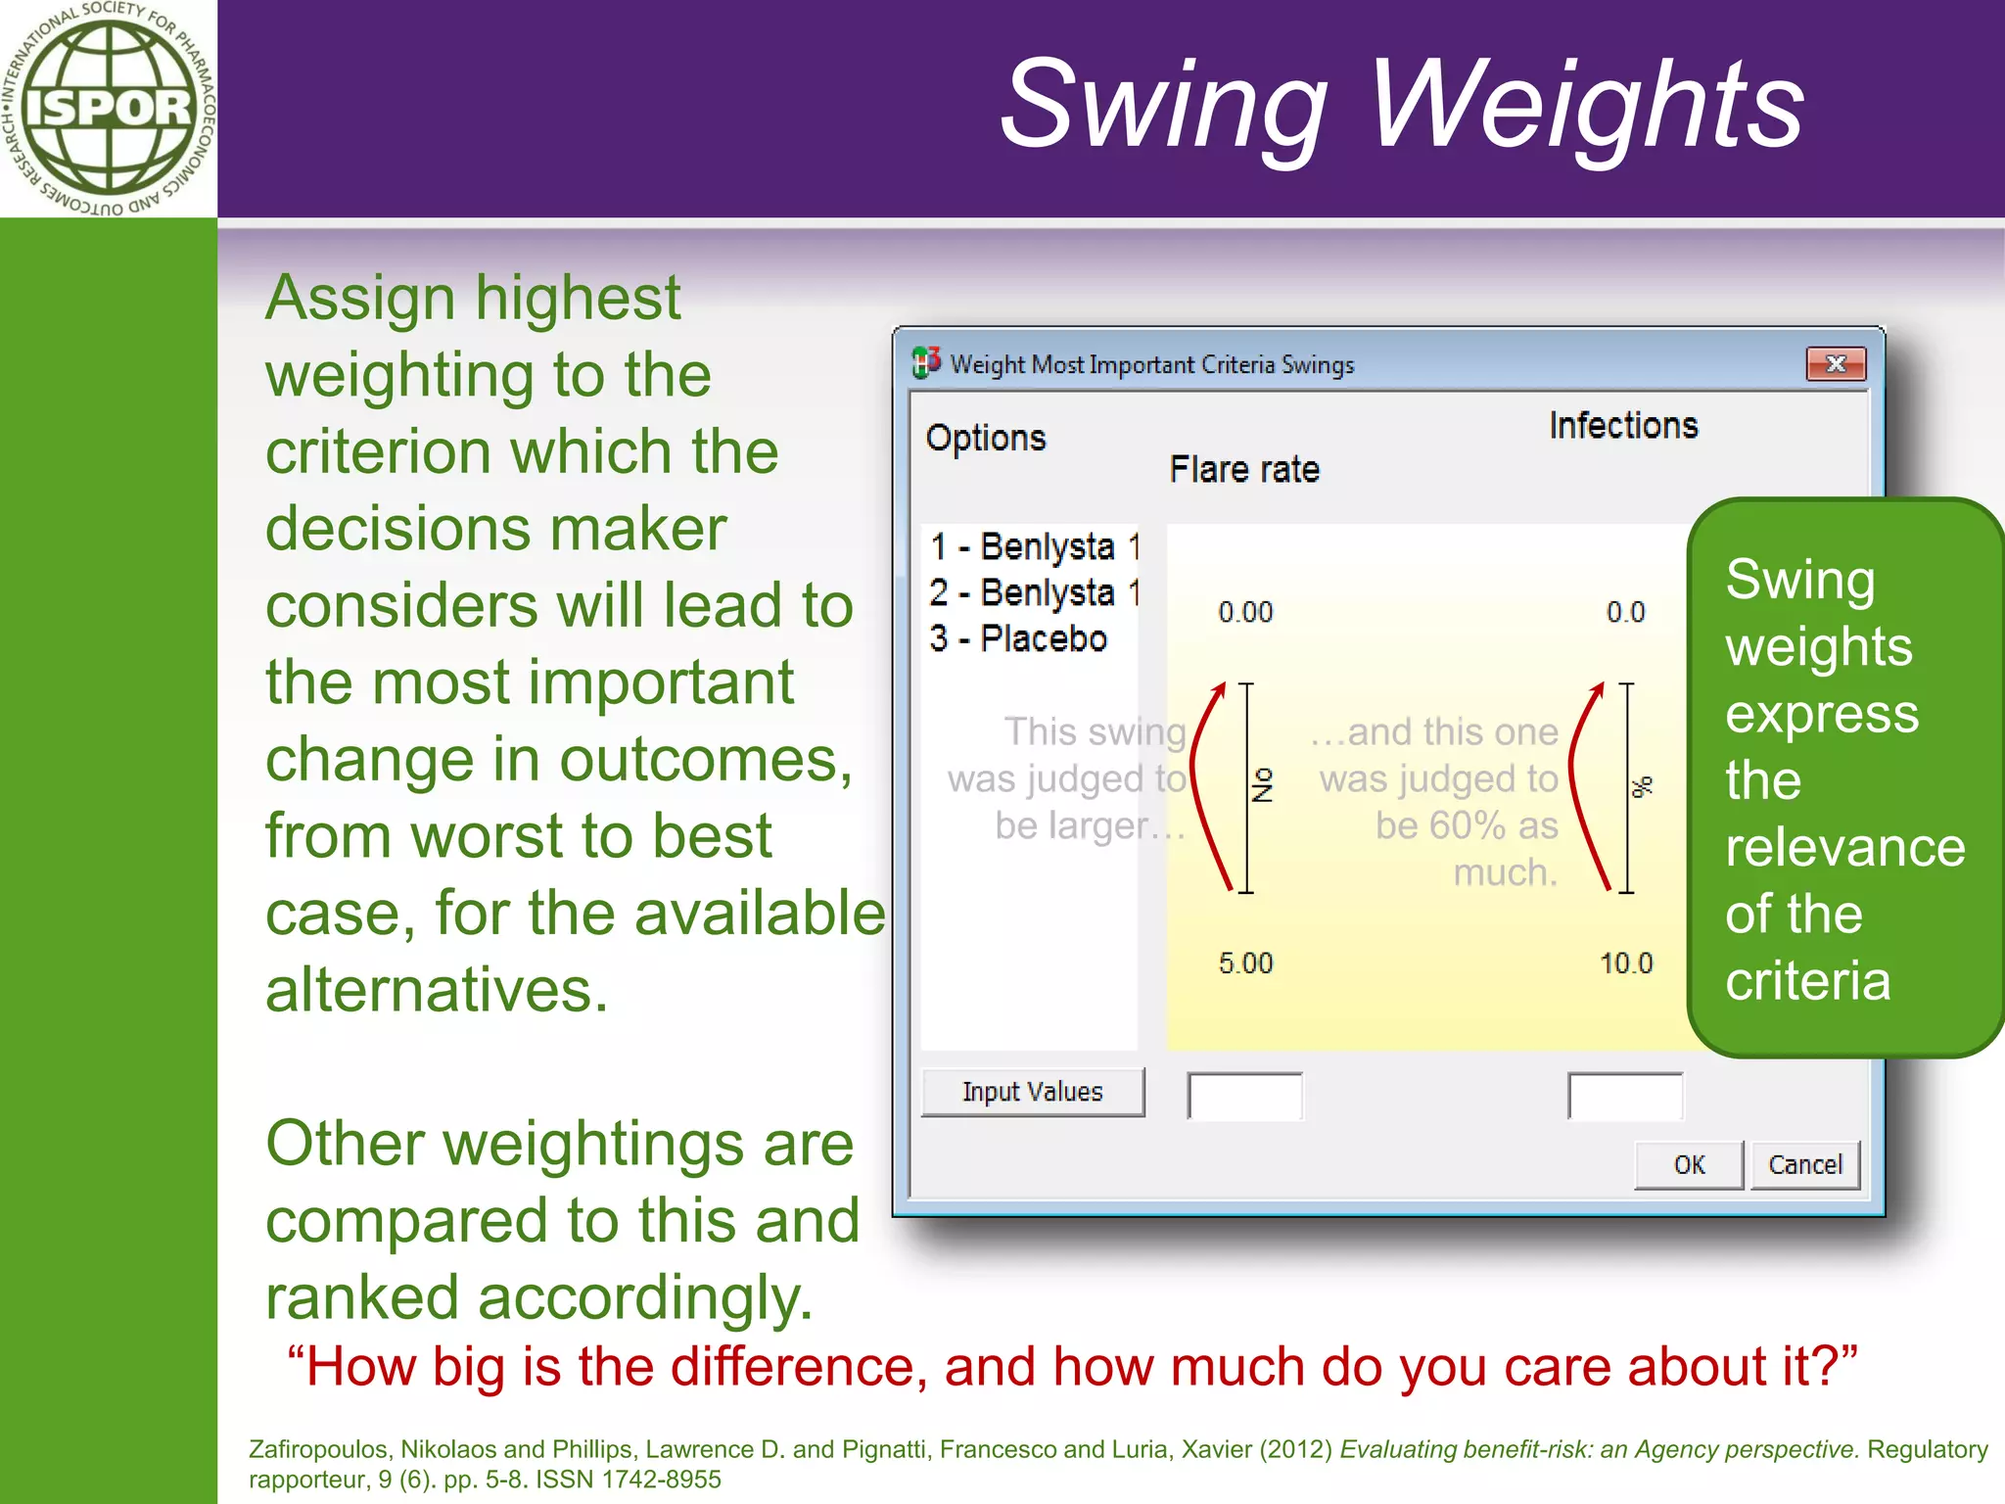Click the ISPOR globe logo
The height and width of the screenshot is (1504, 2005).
108,108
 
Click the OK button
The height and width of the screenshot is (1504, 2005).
1689,1164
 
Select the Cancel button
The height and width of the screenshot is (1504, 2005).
1805,1164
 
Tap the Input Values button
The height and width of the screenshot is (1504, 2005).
1033,1092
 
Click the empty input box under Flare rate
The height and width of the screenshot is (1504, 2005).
1244,1096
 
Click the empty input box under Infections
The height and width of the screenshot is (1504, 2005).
1625,1096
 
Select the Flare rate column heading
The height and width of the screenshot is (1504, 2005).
1244,470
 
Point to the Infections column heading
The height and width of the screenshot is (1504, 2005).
1623,426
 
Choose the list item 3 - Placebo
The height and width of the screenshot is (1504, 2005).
1018,639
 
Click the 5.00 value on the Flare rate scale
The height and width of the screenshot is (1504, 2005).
1245,963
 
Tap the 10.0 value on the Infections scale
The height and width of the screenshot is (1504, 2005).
1626,963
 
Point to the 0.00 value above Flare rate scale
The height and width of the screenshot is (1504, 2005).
1245,613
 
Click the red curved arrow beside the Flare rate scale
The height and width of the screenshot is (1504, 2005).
1204,783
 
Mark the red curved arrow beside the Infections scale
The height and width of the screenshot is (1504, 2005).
1581,783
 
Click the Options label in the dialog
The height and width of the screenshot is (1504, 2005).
986,438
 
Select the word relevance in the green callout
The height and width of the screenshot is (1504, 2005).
1845,847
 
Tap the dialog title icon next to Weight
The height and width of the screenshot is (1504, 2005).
926,363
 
